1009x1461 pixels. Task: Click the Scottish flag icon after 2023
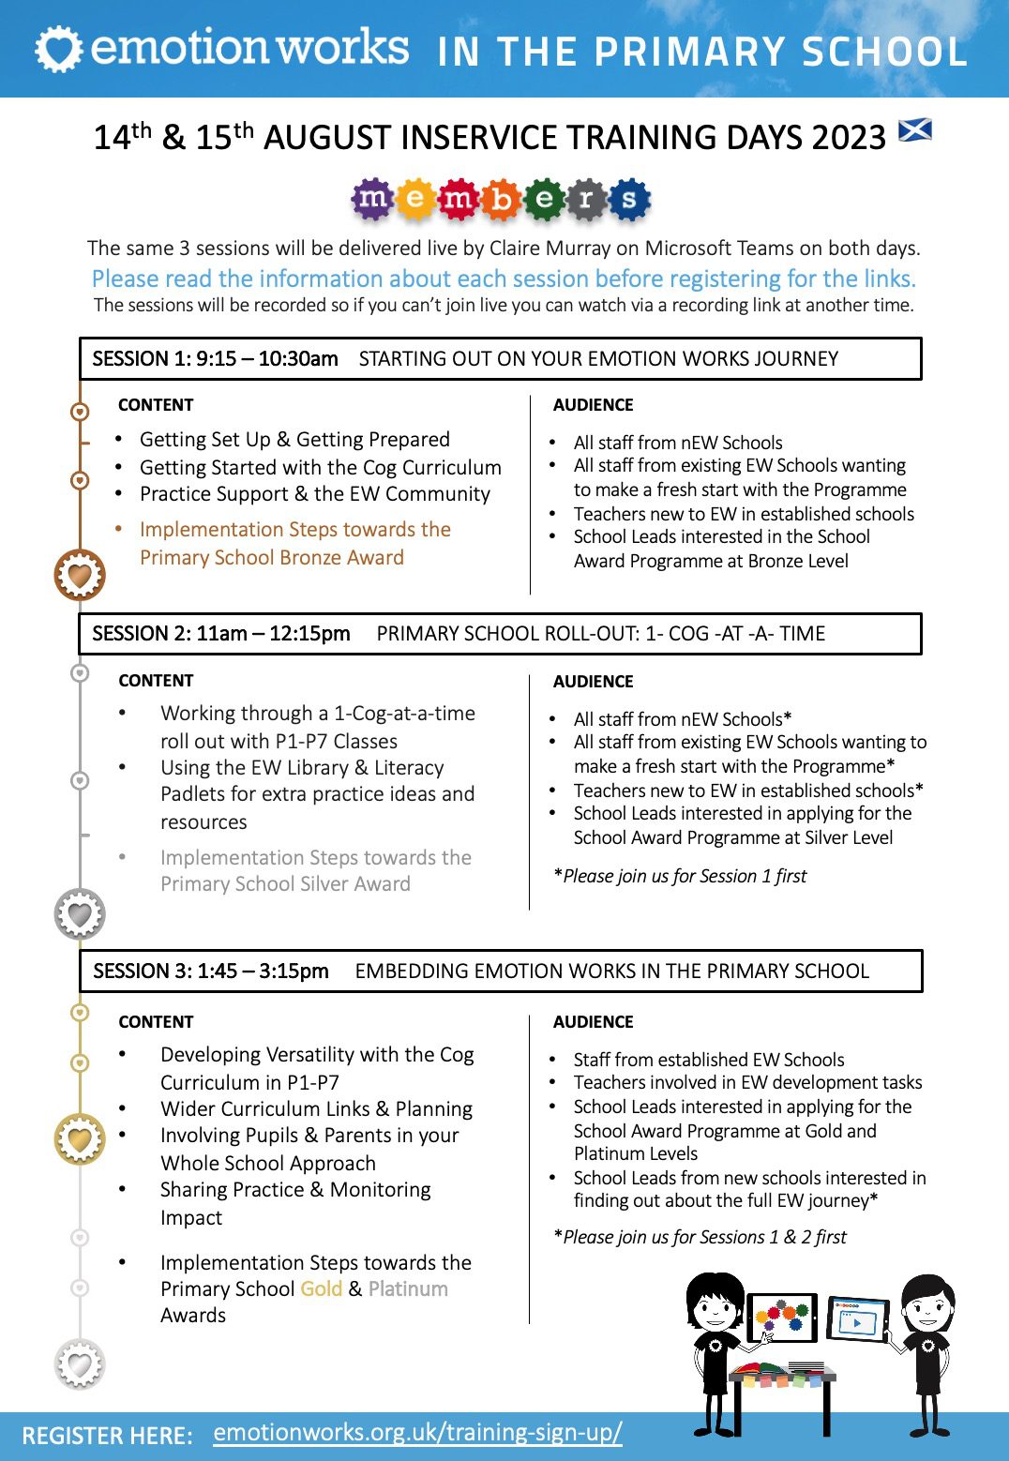[x=914, y=130]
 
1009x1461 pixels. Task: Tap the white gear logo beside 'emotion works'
[x=58, y=50]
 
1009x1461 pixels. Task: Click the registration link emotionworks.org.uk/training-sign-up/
[x=417, y=1433]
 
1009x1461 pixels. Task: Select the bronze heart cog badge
[x=80, y=575]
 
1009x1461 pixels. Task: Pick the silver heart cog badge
[x=80, y=914]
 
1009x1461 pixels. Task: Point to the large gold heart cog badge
[x=80, y=1139]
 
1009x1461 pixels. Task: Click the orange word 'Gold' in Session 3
[x=322, y=1289]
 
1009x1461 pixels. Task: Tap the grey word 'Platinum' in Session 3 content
[x=408, y=1289]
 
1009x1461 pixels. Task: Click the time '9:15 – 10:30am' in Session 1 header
[x=266, y=359]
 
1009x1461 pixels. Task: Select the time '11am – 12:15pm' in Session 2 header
[x=273, y=634]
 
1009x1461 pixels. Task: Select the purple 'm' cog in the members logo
[x=372, y=199]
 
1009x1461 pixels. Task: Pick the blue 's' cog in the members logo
[x=628, y=199]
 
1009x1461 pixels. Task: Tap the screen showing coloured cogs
[x=783, y=1318]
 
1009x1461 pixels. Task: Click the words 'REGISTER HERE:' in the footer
[x=107, y=1436]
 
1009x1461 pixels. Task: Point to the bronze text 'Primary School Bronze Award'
[x=272, y=558]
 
